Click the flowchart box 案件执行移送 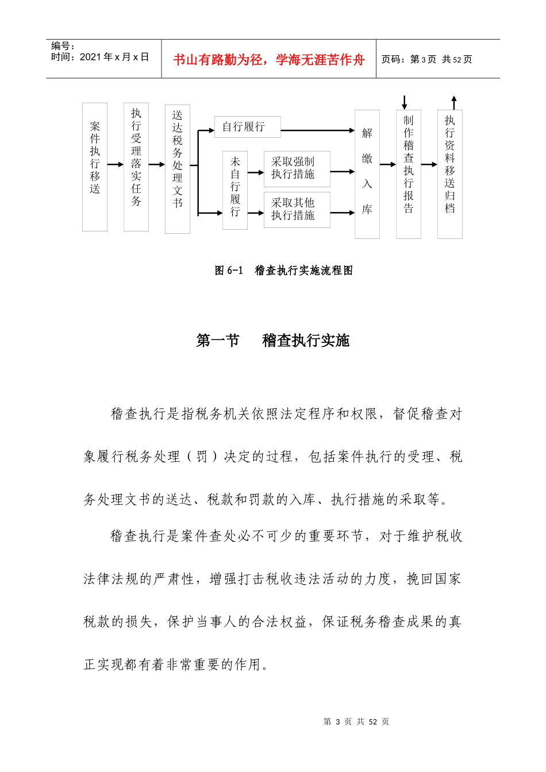(x=95, y=167)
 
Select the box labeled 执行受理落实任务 (x=136, y=167)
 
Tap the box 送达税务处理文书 (x=178, y=169)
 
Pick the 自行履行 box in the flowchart (x=248, y=127)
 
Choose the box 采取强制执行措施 (x=297, y=169)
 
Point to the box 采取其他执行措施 (x=297, y=210)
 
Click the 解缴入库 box (x=367, y=173)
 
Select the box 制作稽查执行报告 (x=409, y=173)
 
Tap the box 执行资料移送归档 (x=450, y=173)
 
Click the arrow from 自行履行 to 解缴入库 (x=317, y=130)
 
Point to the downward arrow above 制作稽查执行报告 (x=405, y=103)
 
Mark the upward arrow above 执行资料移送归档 (x=454, y=103)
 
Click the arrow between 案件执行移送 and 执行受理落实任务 (x=116, y=164)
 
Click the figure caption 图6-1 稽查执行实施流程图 (x=284, y=271)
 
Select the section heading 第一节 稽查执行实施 (x=272, y=341)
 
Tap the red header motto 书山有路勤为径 (x=269, y=60)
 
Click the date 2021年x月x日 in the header (x=114, y=57)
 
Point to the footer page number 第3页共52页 (x=356, y=721)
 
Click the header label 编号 (x=62, y=46)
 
